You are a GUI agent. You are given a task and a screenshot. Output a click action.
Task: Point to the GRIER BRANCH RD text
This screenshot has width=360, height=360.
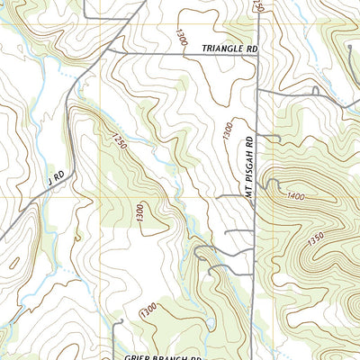(x=159, y=354)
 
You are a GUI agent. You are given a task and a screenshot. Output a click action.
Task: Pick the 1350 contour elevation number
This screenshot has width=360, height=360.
(x=339, y=238)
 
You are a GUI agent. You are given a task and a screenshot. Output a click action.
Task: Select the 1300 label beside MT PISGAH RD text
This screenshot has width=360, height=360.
(x=228, y=131)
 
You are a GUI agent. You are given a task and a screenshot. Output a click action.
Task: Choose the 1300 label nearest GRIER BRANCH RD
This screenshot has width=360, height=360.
(x=147, y=311)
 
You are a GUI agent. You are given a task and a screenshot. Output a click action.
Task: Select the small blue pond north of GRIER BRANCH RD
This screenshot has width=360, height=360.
(x=208, y=322)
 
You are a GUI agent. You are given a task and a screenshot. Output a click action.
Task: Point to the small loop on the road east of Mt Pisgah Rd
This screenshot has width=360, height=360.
(x=314, y=91)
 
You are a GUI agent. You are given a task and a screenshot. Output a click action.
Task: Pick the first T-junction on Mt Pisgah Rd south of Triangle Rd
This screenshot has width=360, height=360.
(x=257, y=91)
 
